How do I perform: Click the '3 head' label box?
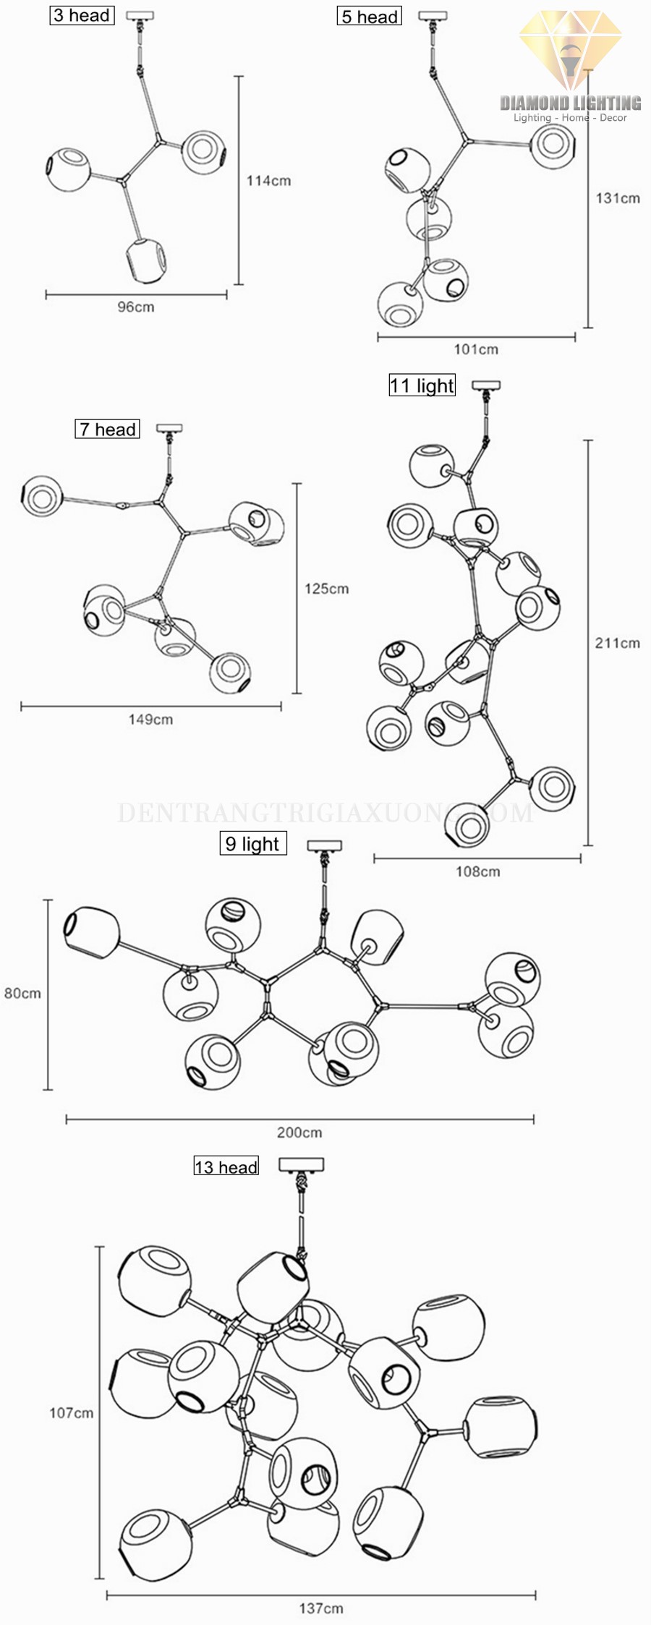[82, 15]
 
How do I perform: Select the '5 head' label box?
[369, 16]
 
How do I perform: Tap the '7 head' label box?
[107, 429]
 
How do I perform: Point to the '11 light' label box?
[422, 385]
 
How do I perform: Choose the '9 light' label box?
[252, 843]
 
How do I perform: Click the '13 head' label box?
[226, 1166]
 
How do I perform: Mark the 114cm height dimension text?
[268, 181]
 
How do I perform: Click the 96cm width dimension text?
[136, 307]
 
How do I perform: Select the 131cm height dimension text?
[618, 197]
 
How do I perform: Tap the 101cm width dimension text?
[476, 349]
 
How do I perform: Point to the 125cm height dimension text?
[326, 589]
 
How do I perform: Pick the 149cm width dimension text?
[150, 719]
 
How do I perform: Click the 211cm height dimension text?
[617, 642]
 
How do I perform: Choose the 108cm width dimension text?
[477, 871]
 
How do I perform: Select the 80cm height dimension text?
[22, 993]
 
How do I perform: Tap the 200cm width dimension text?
[299, 1133]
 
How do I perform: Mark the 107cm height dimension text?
[71, 1412]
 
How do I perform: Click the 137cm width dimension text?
[321, 1608]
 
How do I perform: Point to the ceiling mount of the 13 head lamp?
[301, 1164]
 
